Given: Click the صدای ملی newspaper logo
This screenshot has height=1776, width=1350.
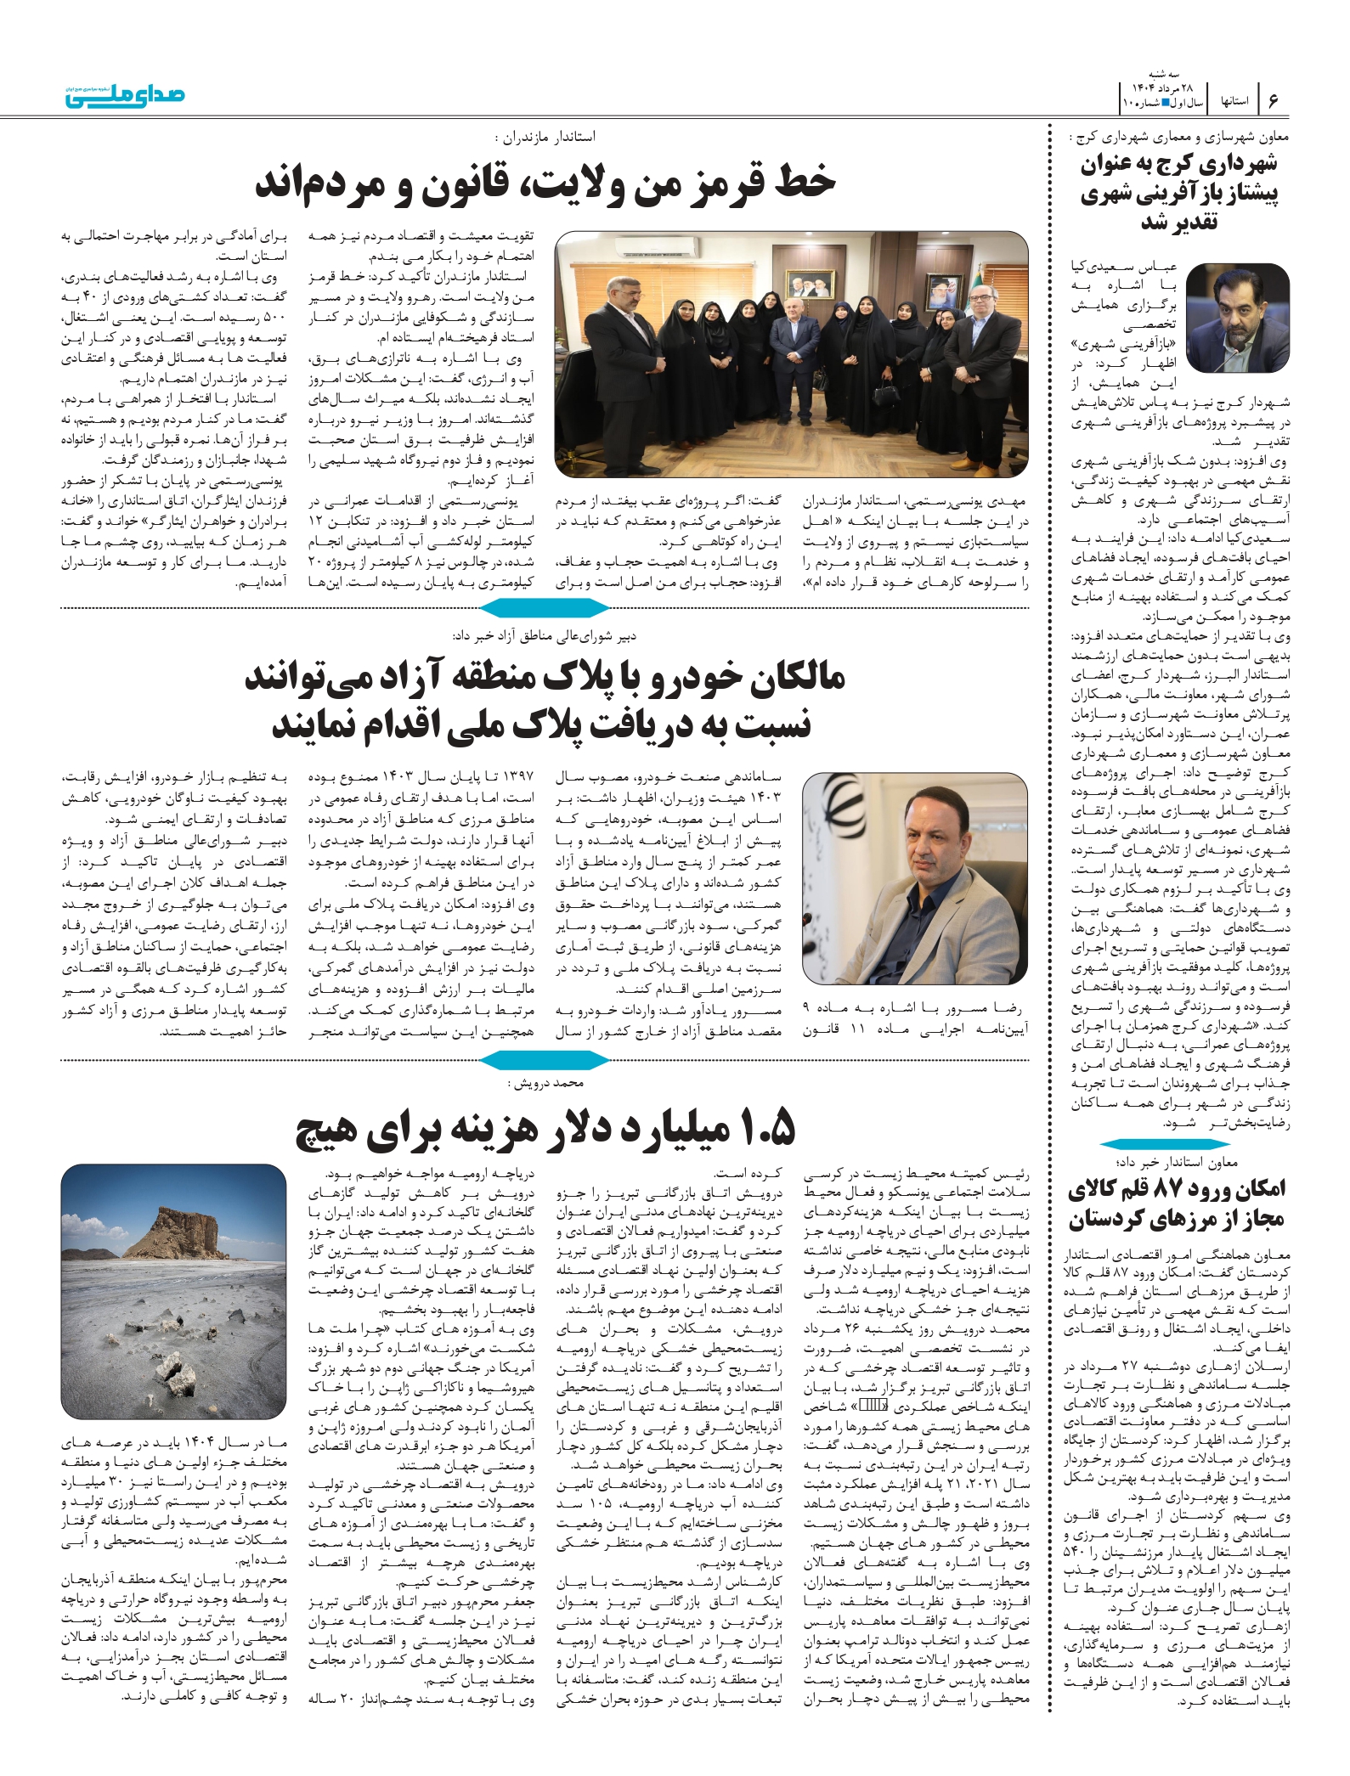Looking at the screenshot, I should coord(125,95).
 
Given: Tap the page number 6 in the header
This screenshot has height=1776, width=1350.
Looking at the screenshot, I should coord(1273,100).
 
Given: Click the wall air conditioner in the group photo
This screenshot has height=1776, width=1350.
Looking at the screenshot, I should coord(659,247).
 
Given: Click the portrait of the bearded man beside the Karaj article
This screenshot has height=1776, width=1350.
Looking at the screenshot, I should coord(1237,318).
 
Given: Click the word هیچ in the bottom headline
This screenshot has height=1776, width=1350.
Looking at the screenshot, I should coord(330,1130).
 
